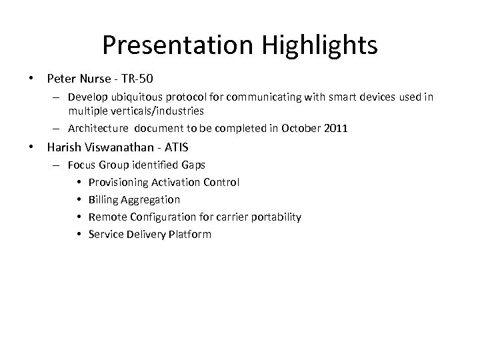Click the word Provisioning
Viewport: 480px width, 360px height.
[119, 182]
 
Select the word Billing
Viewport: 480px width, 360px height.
[103, 199]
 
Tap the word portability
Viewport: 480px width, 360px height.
[277, 217]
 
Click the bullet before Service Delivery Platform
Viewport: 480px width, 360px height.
[79, 234]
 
